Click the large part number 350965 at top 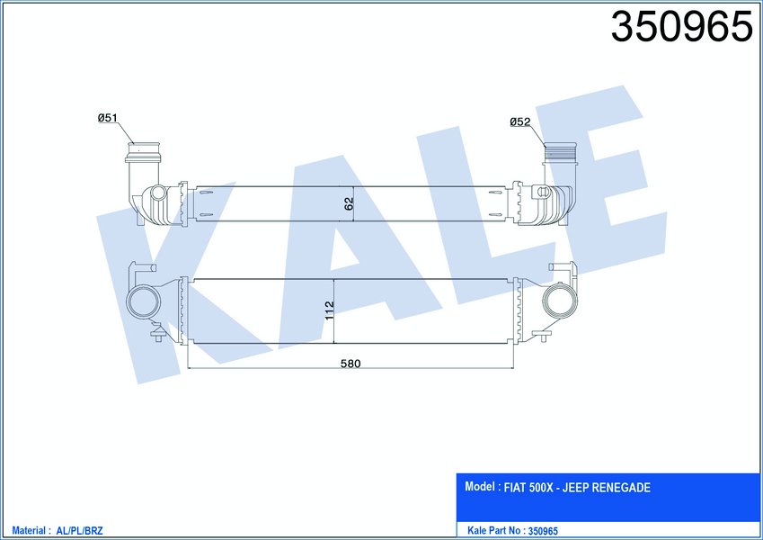pos(681,27)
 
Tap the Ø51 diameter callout pos(108,118)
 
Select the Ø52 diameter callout pos(520,121)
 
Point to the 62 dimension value pos(349,203)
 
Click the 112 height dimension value pos(329,310)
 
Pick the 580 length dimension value pos(350,364)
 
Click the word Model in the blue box pos(480,486)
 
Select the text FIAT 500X pos(528,488)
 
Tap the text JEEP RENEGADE pos(607,488)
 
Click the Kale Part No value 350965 pos(543,531)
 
